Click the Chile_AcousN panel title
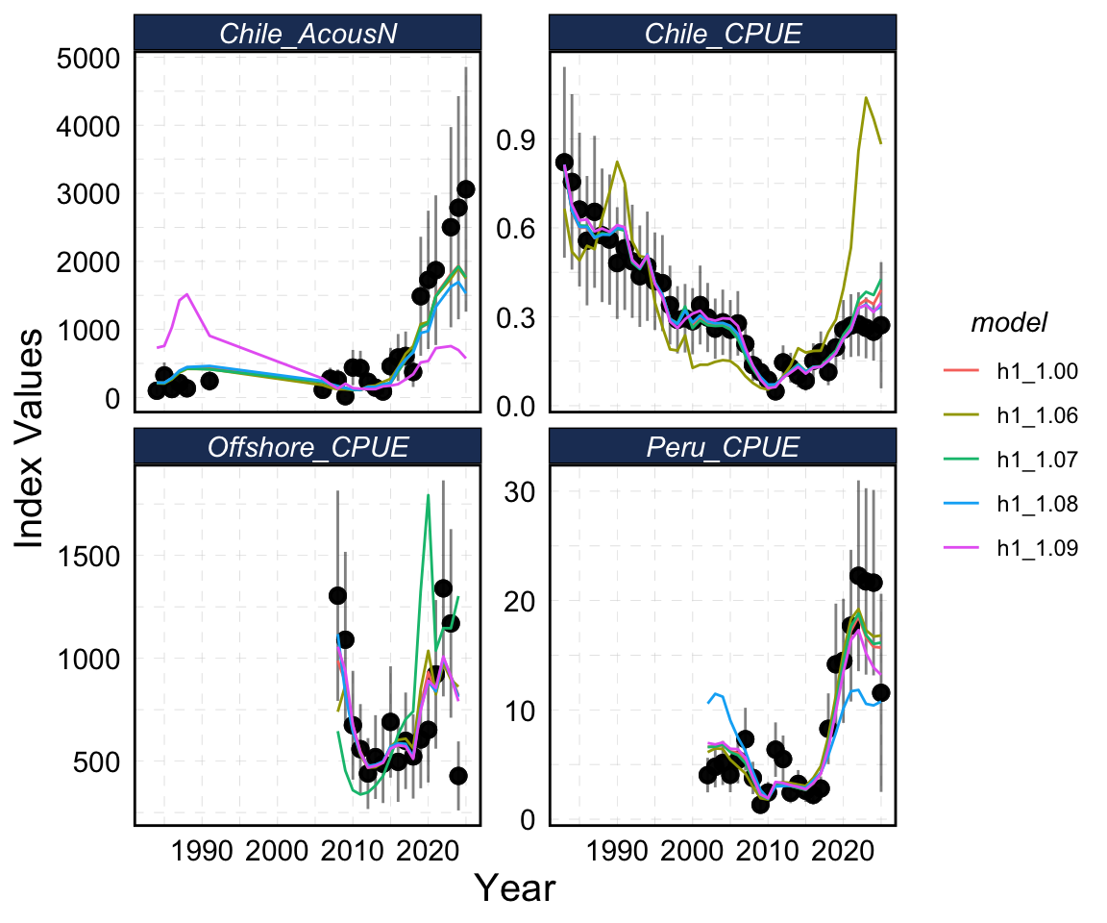[x=307, y=33]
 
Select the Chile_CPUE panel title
[x=723, y=33]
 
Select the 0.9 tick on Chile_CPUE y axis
[x=515, y=141]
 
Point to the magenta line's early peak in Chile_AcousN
[x=186, y=294]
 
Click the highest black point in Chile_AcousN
[x=466, y=189]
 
